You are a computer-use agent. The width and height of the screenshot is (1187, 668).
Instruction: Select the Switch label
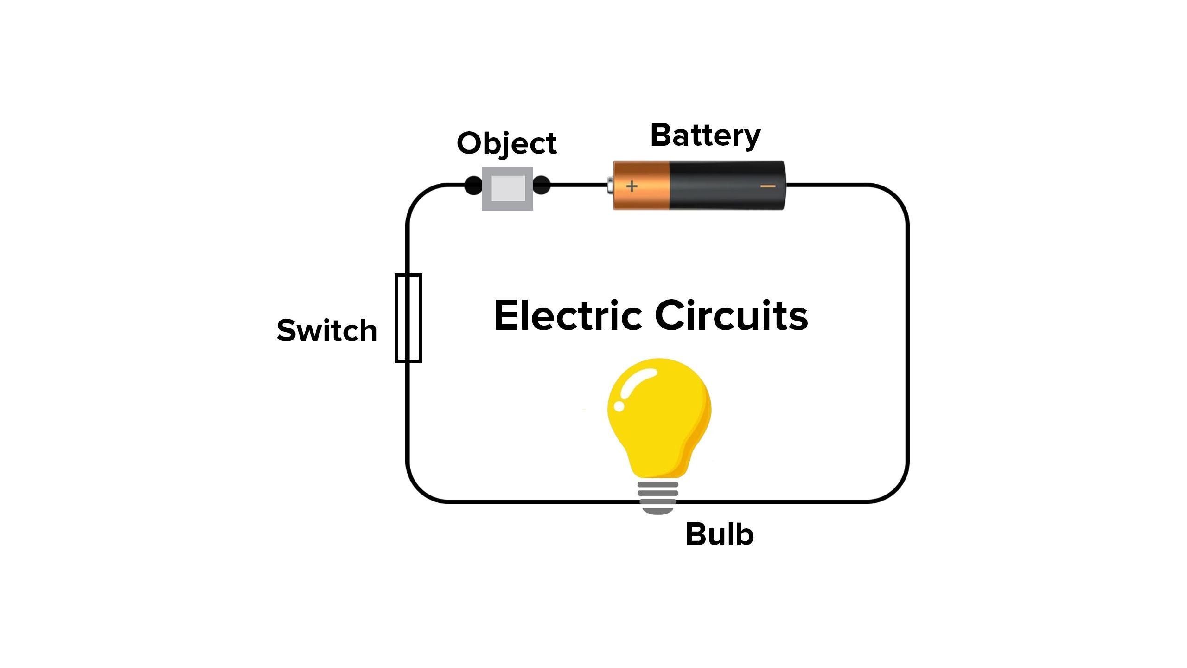(x=326, y=331)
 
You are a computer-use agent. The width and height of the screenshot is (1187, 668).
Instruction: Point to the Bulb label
(x=719, y=534)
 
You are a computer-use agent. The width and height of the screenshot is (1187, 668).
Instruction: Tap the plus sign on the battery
(x=632, y=186)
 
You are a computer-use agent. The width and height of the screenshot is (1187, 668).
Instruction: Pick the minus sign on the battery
(x=768, y=186)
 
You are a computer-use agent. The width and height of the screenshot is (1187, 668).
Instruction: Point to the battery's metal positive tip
(x=610, y=186)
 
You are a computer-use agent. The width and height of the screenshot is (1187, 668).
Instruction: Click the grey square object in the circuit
(x=508, y=188)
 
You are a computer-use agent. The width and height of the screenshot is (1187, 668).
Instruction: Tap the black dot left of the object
(x=473, y=186)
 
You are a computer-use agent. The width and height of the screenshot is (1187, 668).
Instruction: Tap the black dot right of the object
(x=542, y=186)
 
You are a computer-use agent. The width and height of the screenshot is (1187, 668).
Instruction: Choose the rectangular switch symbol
(x=408, y=318)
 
